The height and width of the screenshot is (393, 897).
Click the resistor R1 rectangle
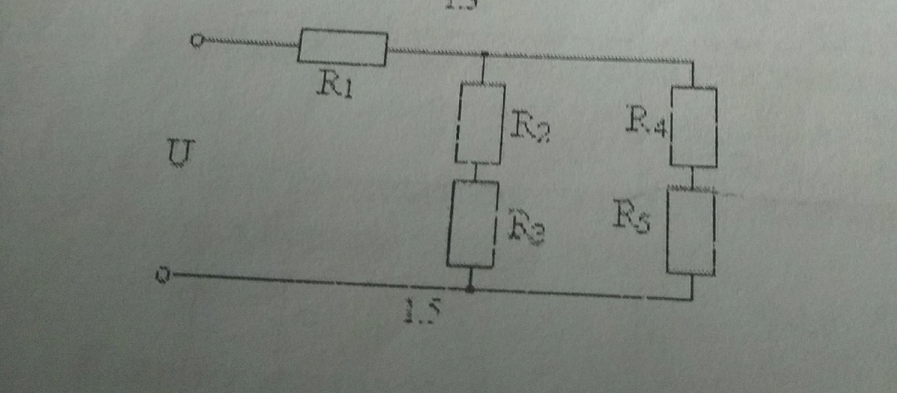[343, 48]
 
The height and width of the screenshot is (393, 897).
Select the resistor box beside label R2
[481, 123]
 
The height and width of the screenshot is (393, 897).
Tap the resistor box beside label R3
[472, 223]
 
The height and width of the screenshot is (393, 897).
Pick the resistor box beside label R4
[694, 127]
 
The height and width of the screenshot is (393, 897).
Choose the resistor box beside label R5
[691, 231]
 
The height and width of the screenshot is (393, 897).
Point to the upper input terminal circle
[197, 41]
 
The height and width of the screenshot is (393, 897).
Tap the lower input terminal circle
[163, 276]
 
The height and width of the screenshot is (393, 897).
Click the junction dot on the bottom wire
[470, 288]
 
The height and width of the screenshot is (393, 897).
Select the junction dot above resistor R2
[485, 54]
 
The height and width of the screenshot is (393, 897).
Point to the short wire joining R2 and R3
[477, 172]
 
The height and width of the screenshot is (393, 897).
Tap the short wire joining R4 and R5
[693, 177]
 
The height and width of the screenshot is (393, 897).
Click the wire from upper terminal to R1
[249, 43]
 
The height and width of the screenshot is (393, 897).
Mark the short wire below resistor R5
[692, 287]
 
